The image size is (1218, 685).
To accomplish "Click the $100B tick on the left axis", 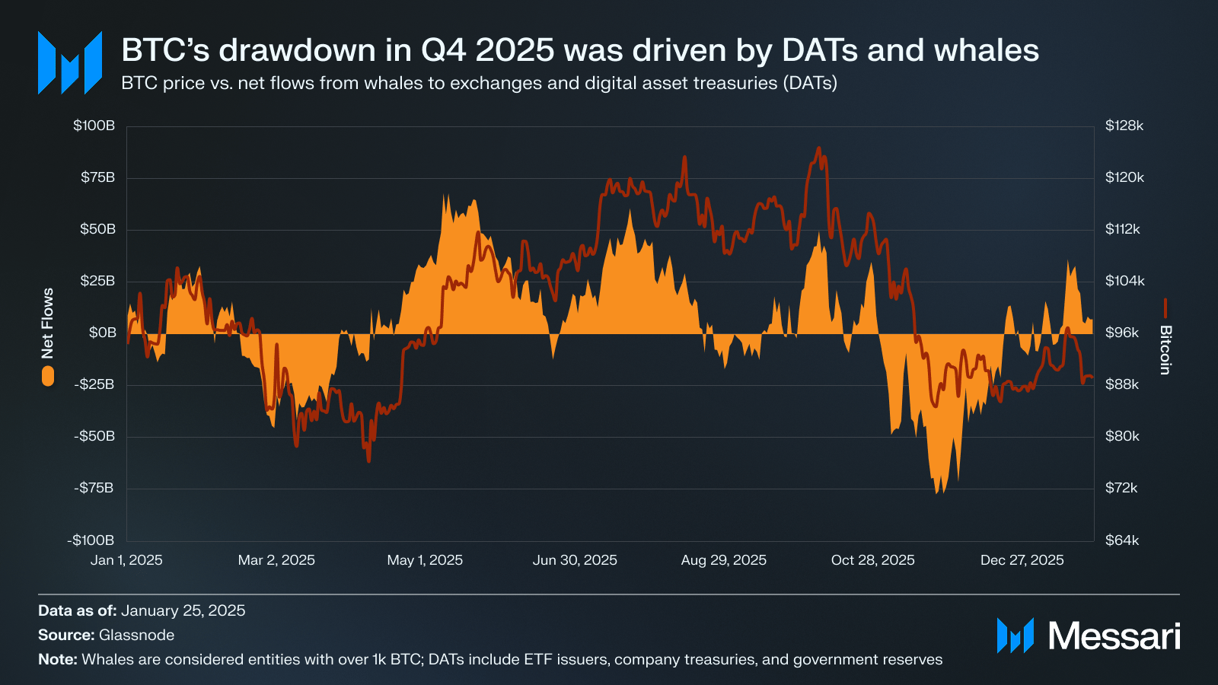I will point(94,126).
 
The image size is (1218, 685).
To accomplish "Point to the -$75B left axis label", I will point(94,488).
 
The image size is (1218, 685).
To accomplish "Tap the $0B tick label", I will point(102,333).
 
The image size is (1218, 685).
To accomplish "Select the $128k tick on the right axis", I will point(1124,126).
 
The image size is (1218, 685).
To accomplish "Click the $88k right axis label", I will point(1122,384).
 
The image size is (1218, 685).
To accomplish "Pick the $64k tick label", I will point(1122,540).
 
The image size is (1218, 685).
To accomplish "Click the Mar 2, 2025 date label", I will point(276,560).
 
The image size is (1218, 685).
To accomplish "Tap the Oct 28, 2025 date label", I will point(872,560).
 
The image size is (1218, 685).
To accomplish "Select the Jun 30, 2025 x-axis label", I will point(575,560).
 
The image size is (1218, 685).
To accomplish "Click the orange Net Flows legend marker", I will point(48,376).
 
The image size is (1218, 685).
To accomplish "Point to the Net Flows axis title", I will point(48,323).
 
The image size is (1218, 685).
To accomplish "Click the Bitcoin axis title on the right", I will point(1165,350).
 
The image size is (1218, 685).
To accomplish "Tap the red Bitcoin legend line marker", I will point(1165,307).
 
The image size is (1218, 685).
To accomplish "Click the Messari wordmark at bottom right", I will point(1114,636).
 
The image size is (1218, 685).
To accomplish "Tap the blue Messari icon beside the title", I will point(70,62).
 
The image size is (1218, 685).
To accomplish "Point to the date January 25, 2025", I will point(183,610).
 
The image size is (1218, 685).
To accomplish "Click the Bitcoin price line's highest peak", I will point(818,148).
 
